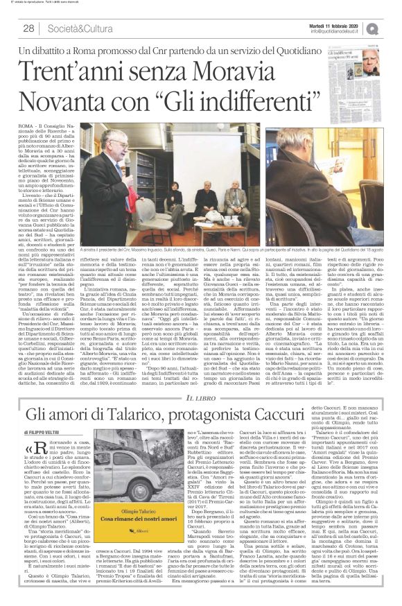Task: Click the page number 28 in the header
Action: click(28, 28)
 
